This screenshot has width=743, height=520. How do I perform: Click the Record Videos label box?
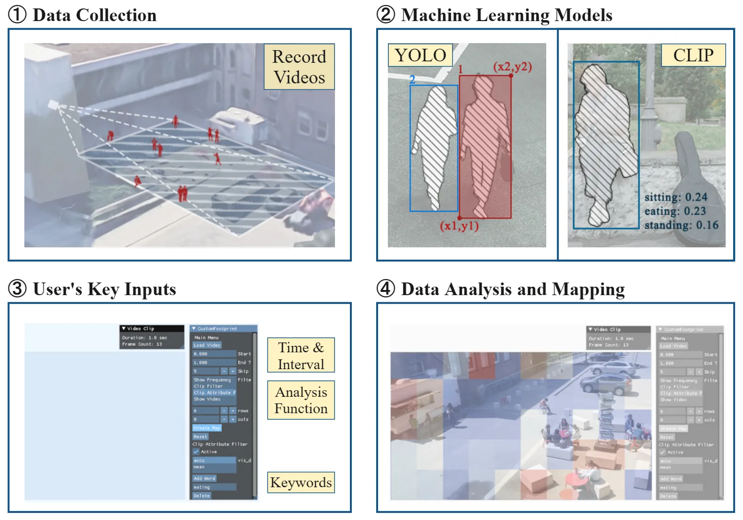pyautogui.click(x=299, y=67)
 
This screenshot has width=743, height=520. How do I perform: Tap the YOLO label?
pyautogui.click(x=420, y=55)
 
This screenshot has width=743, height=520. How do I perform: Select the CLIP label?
pyautogui.click(x=693, y=55)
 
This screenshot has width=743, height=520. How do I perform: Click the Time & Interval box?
pyautogui.click(x=301, y=356)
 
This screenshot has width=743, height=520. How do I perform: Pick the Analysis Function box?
pyautogui.click(x=301, y=400)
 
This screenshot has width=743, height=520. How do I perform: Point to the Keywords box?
pyautogui.click(x=301, y=483)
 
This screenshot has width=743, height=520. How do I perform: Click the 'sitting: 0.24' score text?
pyautogui.click(x=676, y=197)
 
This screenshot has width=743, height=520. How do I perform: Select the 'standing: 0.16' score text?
pyautogui.click(x=681, y=225)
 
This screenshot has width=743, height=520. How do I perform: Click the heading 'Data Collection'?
pyautogui.click(x=94, y=15)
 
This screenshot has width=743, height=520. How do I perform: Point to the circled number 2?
pyautogui.click(x=386, y=15)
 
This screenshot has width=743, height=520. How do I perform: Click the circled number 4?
pyautogui.click(x=386, y=289)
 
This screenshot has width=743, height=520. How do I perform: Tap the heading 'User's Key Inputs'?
pyautogui.click(x=104, y=289)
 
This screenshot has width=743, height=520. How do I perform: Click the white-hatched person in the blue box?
pyautogui.click(x=434, y=145)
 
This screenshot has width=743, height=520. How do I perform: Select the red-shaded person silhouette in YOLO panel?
pyautogui.click(x=484, y=145)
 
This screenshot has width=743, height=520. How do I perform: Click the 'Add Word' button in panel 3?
pyautogui.click(x=204, y=478)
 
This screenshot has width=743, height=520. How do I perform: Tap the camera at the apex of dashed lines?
pyautogui.click(x=53, y=104)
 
